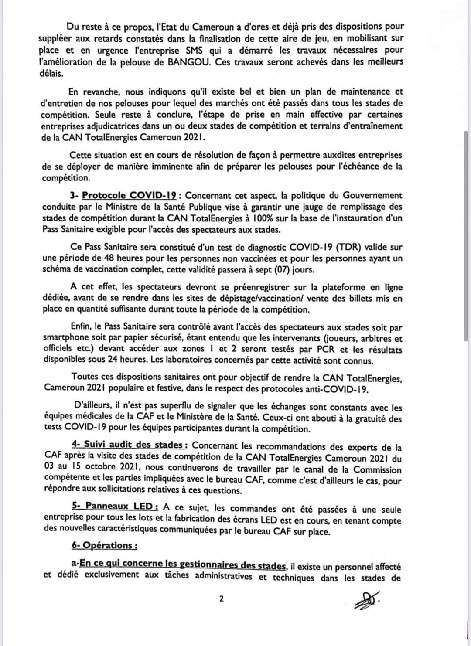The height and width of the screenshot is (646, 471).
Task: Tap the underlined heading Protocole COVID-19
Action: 130,196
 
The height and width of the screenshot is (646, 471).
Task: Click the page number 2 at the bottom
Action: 221,599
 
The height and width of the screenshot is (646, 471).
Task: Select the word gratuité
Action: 368,419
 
